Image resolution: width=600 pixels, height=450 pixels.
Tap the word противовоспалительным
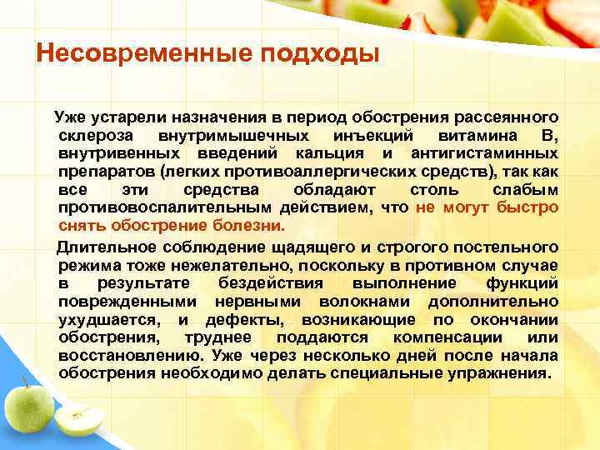[x=151, y=208]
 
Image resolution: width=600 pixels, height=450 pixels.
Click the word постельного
[x=508, y=247]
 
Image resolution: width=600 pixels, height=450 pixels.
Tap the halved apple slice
[x=81, y=421]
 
